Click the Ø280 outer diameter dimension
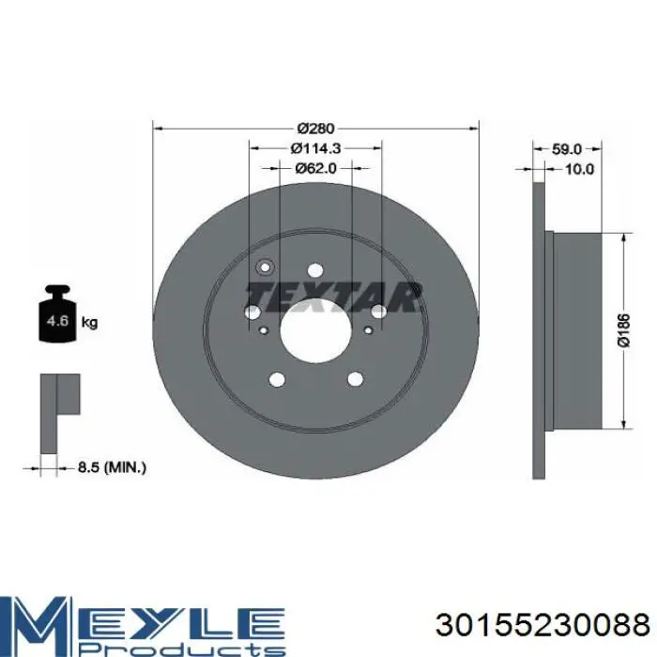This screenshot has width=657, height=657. pyautogui.click(x=316, y=129)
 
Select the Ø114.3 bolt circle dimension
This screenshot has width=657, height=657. pyautogui.click(x=315, y=148)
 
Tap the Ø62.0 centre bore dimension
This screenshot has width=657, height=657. pyautogui.click(x=315, y=168)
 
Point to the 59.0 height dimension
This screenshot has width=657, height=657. pyautogui.click(x=567, y=148)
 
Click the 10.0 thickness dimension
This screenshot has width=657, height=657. pyautogui.click(x=579, y=169)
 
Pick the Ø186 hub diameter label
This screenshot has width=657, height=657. pyautogui.click(x=624, y=330)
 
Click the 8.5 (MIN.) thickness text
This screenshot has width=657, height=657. pyautogui.click(x=112, y=466)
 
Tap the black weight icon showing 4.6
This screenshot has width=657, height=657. pyautogui.click(x=57, y=313)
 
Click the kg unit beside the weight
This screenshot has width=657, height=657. pyautogui.click(x=89, y=322)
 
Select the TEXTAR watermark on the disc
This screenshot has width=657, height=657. pyautogui.click(x=334, y=297)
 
